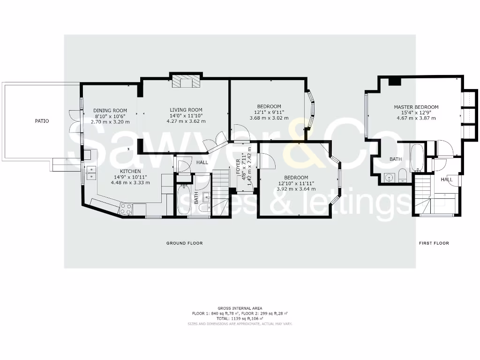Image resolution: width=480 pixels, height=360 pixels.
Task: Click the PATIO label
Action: (x=42, y=121)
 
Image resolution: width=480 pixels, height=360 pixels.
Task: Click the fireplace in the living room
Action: (x=186, y=82)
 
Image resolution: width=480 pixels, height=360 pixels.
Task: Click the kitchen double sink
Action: (x=91, y=173)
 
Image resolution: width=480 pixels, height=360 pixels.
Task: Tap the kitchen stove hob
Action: (x=126, y=208)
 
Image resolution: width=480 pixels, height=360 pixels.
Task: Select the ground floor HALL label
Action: (x=202, y=162)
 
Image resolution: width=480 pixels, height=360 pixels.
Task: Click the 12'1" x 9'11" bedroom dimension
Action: (x=269, y=112)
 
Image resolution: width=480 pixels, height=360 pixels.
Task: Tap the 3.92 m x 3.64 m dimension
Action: (x=296, y=189)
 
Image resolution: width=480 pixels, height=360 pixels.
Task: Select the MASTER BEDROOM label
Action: (x=416, y=107)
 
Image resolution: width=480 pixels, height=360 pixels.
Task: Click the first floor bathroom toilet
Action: (x=403, y=176)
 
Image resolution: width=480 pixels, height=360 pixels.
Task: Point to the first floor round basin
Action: (x=388, y=177)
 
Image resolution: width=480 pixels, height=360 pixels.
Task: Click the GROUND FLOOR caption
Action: (x=184, y=243)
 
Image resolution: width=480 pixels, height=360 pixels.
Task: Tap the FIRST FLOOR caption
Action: (x=434, y=243)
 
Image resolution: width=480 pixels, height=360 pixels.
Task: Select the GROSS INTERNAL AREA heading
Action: (x=240, y=307)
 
